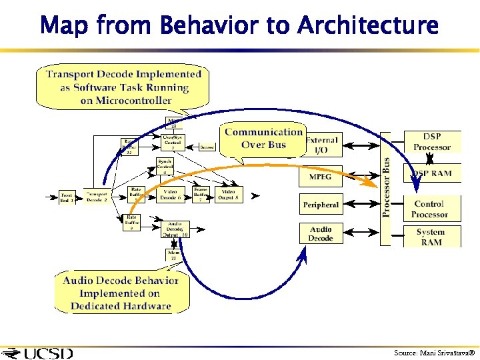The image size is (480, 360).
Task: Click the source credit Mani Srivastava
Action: [433, 352]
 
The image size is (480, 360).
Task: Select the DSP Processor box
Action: [431, 142]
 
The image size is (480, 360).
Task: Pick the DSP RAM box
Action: [431, 173]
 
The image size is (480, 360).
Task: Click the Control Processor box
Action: [429, 209]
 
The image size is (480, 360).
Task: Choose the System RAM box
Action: [431, 237]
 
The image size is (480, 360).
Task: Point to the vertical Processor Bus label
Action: [386, 187]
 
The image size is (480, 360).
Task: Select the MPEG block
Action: [320, 177]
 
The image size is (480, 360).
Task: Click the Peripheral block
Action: [321, 205]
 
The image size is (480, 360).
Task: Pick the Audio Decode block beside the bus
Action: [321, 233]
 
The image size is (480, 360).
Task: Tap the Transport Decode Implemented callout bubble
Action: [123, 87]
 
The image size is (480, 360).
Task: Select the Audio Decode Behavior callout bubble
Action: [121, 293]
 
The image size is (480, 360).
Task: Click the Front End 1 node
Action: [67, 197]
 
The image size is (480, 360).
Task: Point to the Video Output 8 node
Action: [228, 194]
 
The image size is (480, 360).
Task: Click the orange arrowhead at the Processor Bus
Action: [371, 182]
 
